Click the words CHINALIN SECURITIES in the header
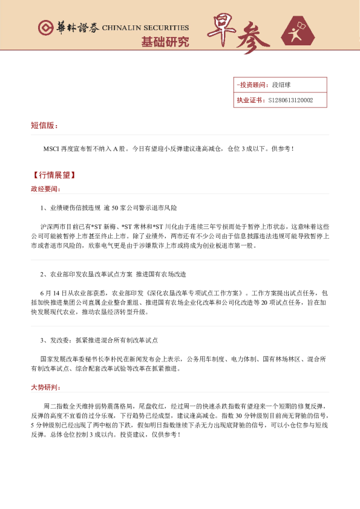145,28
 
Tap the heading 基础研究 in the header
165,42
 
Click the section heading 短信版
44,126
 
